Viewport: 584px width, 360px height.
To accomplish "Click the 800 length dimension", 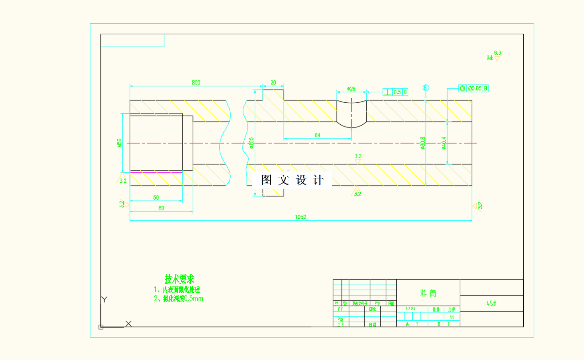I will (x=195, y=83).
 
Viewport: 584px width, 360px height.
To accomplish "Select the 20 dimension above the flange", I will (x=273, y=83).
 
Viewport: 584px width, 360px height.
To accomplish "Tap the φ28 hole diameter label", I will (x=351, y=89).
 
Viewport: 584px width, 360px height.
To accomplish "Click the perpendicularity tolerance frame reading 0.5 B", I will (x=395, y=92).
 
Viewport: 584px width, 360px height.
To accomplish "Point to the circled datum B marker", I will (x=426, y=87).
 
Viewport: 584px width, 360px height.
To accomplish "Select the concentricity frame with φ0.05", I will (x=474, y=88).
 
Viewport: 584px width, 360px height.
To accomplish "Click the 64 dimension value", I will (x=317, y=135).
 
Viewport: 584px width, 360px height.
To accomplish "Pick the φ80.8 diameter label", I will (x=423, y=143).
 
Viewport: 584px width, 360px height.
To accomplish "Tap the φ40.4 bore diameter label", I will (x=443, y=143).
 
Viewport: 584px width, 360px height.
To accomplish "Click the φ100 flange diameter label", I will (x=252, y=143).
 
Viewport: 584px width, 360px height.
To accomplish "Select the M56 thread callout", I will (x=119, y=143).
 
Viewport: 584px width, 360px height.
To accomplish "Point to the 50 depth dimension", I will (x=156, y=197).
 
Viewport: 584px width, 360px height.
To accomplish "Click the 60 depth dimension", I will (x=161, y=208).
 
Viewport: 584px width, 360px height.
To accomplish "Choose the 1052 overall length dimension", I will (x=300, y=217).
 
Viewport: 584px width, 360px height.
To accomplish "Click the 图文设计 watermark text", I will (x=292, y=180).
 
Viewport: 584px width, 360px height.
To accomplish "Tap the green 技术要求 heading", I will (x=179, y=279).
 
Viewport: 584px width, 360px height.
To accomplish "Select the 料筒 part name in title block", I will (x=428, y=293).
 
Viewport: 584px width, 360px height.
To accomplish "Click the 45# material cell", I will (x=491, y=303).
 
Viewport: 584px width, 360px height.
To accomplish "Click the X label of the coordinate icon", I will (x=128, y=323).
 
